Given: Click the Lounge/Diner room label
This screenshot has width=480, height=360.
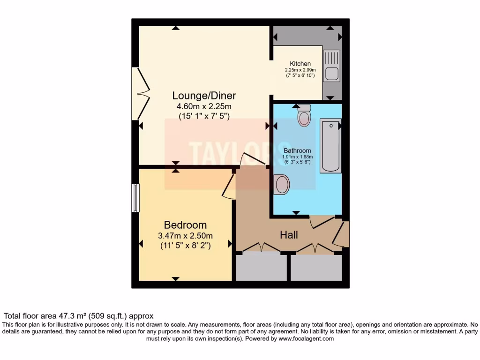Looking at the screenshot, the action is [204, 96].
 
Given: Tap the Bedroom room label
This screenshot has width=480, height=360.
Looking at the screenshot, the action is [185, 225].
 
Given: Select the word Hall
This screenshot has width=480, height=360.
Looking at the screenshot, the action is [289, 235].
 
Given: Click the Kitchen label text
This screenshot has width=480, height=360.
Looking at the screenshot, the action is [300, 64].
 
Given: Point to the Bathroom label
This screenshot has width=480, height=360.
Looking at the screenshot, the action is [297, 150].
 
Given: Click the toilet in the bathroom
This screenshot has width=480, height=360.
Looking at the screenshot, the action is [304, 115].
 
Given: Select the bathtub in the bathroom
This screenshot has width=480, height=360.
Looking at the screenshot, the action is [330, 145].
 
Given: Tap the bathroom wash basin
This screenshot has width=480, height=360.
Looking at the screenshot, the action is [281, 185].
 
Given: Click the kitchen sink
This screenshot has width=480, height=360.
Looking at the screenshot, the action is [331, 66].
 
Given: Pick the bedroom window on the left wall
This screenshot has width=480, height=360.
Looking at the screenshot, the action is [135, 198].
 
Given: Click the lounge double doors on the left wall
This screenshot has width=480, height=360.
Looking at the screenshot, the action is [141, 93].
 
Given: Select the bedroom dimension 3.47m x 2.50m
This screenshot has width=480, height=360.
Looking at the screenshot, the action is [185, 236].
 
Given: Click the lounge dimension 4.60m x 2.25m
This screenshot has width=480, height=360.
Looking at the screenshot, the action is [204, 106].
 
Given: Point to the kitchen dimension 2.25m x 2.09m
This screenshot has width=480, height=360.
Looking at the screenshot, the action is [300, 70].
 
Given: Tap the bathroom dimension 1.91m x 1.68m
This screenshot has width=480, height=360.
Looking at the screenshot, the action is [297, 157].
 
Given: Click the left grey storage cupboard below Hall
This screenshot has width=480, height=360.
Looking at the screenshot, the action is [261, 267].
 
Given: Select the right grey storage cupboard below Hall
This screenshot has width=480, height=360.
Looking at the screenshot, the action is [316, 267].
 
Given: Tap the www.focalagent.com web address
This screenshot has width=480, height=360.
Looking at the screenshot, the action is [306, 338].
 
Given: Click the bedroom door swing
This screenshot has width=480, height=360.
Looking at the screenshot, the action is [228, 186].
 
